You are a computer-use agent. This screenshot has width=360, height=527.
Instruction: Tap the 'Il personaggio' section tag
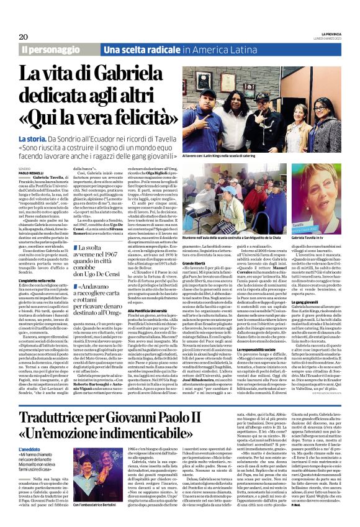(48, 50)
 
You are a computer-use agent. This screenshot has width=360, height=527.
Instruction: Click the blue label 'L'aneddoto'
(30, 449)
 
